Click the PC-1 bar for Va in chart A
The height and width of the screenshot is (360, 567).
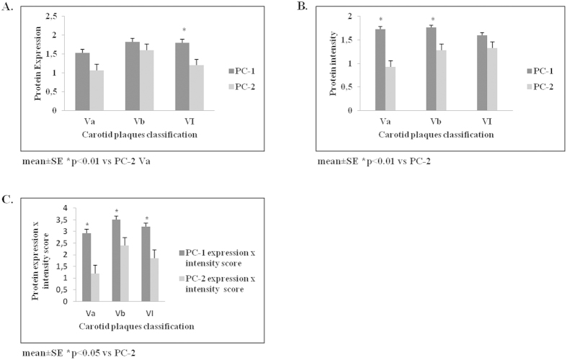pyautogui.click(x=81, y=81)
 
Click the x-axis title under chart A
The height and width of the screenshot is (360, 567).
pyautogui.click(x=137, y=135)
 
